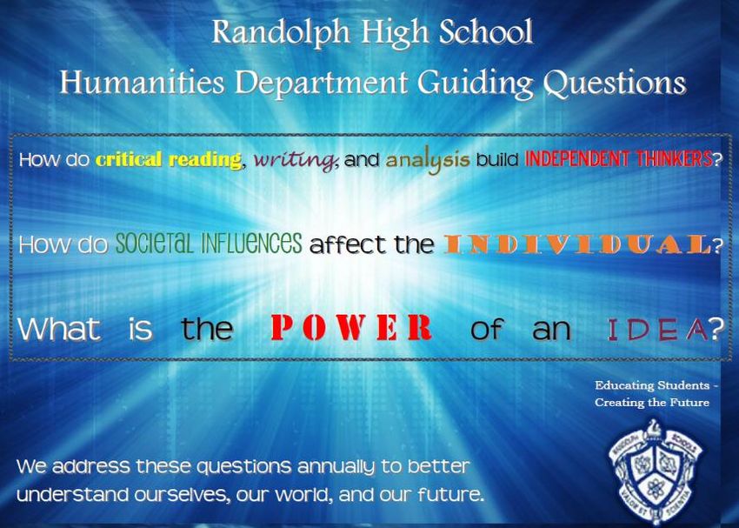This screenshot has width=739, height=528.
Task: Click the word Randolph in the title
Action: [x=281, y=33]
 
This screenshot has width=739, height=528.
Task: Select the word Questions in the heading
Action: [x=614, y=84]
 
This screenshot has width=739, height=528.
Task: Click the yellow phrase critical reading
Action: [x=169, y=160]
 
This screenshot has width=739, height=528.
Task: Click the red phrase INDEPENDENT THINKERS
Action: [x=618, y=159]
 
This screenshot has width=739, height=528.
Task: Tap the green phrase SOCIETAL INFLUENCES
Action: [x=209, y=244]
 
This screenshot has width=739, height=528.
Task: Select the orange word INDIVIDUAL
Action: [x=577, y=244]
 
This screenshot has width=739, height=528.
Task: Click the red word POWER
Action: [x=351, y=328]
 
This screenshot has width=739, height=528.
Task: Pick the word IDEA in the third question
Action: [x=657, y=330]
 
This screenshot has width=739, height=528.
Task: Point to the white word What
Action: [x=59, y=328]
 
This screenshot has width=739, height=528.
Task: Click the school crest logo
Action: [x=656, y=472]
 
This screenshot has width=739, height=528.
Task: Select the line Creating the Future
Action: [x=652, y=403]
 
